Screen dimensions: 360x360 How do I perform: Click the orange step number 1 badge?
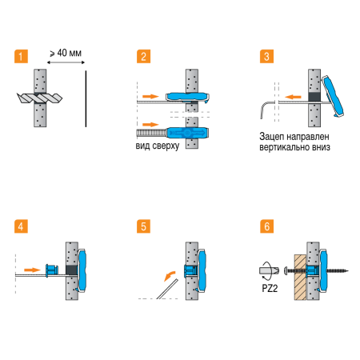[21, 56]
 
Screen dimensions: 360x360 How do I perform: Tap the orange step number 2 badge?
[143, 56]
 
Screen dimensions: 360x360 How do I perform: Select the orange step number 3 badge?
[266, 56]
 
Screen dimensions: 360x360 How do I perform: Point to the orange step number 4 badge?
[21, 226]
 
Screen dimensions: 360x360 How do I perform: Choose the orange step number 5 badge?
[143, 226]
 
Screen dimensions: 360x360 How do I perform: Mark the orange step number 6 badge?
[266, 226]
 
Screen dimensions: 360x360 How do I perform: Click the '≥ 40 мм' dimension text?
[66, 53]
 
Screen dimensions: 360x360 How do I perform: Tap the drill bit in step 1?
[39, 98]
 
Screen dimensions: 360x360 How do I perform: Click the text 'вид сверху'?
[158, 146]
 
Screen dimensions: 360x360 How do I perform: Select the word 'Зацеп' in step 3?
[272, 137]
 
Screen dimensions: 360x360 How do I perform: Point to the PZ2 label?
[270, 288]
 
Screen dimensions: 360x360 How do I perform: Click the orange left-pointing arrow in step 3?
[293, 97]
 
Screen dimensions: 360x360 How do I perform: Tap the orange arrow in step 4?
[32, 270]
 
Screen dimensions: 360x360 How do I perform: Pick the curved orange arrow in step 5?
[170, 276]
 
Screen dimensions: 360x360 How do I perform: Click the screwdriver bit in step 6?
[269, 270]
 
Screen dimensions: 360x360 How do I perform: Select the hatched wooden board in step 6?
[300, 278]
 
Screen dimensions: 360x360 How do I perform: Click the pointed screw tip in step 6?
[348, 271]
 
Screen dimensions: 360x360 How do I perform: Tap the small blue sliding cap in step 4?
[52, 270]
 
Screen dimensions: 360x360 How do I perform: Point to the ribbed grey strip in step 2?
[152, 133]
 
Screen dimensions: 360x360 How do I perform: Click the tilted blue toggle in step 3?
[333, 97]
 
